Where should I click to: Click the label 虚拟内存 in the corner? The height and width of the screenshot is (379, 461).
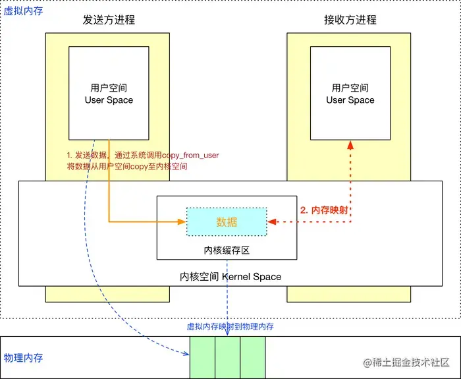tap(23, 11)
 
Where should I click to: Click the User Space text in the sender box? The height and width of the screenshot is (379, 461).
tap(109, 100)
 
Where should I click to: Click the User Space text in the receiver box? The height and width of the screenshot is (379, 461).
tap(350, 100)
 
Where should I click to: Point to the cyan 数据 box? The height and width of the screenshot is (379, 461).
tap(227, 222)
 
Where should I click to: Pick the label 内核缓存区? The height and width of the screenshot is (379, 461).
tap(226, 250)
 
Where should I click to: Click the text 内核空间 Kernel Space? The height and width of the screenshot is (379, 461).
tap(230, 277)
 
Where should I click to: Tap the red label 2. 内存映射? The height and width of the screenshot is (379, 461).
tap(324, 211)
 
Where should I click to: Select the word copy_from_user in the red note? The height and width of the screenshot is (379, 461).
tap(190, 156)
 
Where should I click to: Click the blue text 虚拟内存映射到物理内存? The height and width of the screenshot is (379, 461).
tap(230, 326)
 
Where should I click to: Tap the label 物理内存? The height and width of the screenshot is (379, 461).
tap(23, 358)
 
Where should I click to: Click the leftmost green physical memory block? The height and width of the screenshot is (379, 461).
tap(202, 357)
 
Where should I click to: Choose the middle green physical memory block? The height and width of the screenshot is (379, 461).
tap(227, 357)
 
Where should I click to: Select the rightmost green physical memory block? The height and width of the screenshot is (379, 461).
tap(252, 357)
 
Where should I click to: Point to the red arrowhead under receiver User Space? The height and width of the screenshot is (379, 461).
tap(351, 144)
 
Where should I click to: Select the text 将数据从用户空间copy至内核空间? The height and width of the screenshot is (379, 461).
tap(127, 167)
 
